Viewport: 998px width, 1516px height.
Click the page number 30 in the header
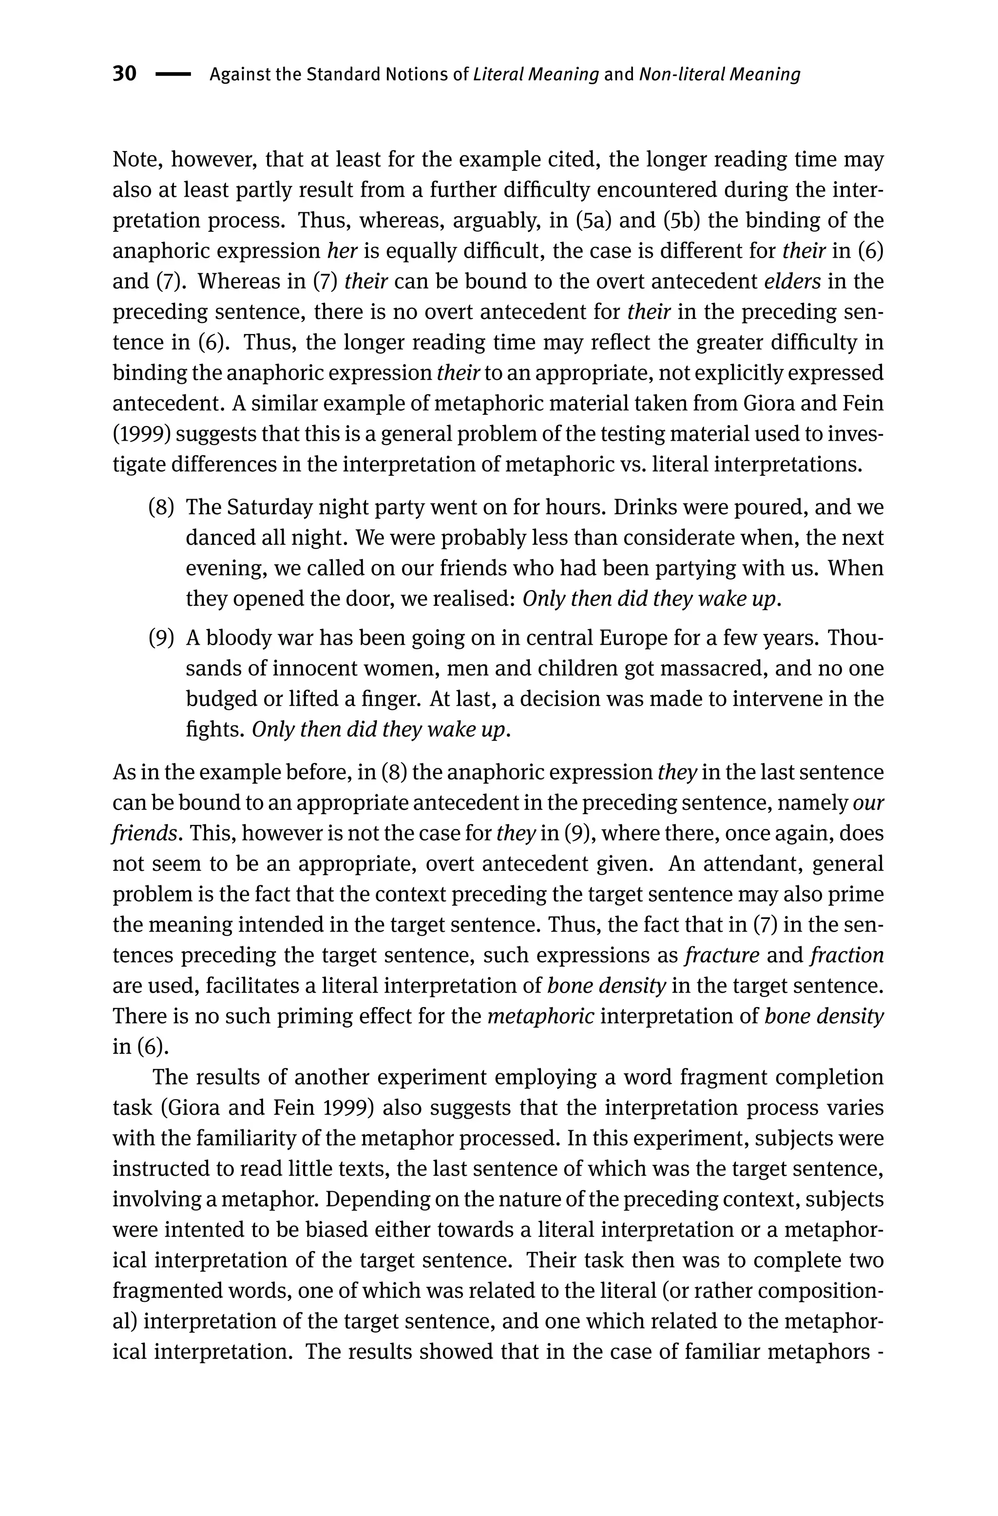pyautogui.click(x=124, y=74)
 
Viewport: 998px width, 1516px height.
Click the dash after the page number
pyautogui.click(x=173, y=75)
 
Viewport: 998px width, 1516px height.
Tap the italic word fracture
pyautogui.click(x=722, y=955)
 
